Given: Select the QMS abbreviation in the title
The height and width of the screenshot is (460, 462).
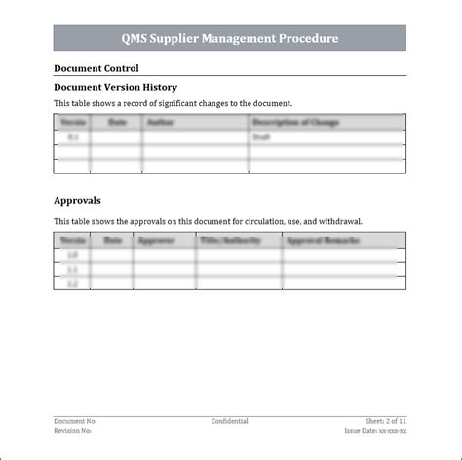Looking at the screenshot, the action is (135, 39).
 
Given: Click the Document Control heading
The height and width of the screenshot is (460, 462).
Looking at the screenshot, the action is (96, 68).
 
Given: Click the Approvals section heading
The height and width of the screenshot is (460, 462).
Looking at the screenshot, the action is (77, 201).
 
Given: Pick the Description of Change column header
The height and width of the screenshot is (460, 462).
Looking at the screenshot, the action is (294, 123).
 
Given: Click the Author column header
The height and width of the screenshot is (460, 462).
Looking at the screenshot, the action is (159, 123).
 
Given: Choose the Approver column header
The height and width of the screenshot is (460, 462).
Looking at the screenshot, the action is (157, 240).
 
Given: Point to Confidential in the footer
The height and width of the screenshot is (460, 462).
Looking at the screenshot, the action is (230, 421).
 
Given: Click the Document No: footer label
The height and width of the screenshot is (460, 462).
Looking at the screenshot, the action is (75, 421).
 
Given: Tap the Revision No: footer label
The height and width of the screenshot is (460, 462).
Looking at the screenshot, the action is (74, 430).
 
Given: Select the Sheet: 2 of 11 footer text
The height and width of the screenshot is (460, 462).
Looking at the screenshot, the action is (386, 421).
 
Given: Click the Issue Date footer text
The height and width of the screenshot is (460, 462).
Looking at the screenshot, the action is (375, 430).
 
